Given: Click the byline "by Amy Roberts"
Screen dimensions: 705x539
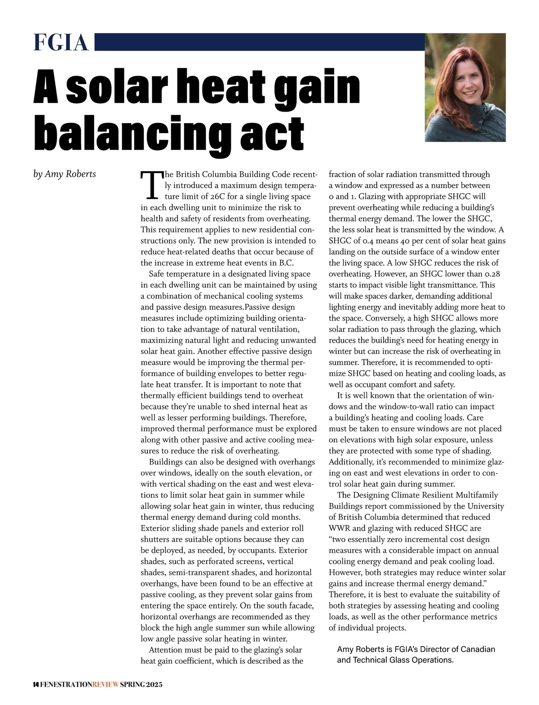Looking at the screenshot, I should (x=65, y=174).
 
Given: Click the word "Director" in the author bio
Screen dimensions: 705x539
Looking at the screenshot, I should (x=436, y=649).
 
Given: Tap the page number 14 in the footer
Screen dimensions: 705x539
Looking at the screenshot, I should (x=36, y=685).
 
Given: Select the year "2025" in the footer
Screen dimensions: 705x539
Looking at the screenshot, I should (x=154, y=685).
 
